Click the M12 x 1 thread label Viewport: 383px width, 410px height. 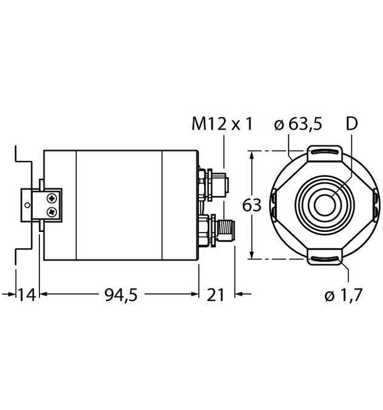[x=221, y=124]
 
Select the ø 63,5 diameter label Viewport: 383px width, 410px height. [x=298, y=124]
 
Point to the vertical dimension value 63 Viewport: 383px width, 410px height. [x=251, y=205]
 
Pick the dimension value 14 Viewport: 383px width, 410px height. [x=25, y=295]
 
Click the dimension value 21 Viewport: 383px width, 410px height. [x=216, y=295]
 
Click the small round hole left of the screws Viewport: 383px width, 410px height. [x=27, y=205]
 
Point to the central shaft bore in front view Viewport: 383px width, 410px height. [x=325, y=205]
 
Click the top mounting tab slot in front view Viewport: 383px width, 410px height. [x=325, y=151]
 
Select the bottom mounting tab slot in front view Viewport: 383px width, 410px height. [x=325, y=259]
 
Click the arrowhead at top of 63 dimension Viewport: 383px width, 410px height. [x=251, y=155]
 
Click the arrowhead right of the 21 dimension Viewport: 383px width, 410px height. [x=238, y=295]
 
